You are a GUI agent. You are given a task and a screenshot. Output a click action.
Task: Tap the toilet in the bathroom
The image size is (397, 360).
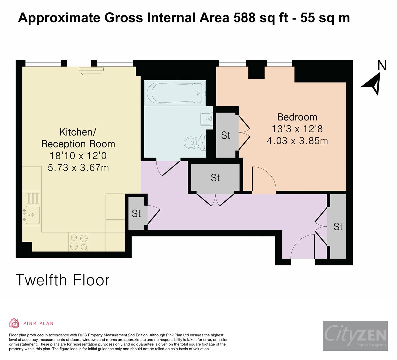(195, 143)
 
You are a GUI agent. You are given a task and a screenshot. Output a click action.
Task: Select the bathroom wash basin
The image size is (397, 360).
(207, 119)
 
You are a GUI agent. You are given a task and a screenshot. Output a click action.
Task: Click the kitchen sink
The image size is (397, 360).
(31, 215)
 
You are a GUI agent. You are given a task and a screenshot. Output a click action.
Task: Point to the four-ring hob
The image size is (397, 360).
(79, 242)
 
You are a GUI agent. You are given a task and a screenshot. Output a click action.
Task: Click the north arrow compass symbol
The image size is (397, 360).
(373, 84)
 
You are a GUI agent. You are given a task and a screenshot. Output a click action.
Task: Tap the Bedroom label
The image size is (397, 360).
(297, 117)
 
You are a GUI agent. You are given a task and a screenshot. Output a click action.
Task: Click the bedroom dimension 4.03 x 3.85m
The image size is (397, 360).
(297, 141)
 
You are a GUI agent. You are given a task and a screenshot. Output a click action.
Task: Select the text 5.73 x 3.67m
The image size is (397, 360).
(78, 167)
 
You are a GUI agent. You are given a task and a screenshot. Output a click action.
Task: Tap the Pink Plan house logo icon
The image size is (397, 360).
(14, 323)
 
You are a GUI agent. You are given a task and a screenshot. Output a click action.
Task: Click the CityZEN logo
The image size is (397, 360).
(355, 336)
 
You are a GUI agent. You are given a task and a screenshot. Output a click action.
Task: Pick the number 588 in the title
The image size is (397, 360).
(244, 18)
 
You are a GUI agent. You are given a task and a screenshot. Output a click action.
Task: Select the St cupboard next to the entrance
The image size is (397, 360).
(338, 226)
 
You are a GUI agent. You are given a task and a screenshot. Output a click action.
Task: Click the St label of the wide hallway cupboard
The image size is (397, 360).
(215, 178)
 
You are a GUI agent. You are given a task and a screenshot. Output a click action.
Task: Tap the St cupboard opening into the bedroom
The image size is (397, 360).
(226, 135)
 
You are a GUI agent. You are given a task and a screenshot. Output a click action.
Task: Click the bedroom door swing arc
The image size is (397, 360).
(268, 175)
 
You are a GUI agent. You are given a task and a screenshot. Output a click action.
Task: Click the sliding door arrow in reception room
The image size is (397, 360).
(91, 73)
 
